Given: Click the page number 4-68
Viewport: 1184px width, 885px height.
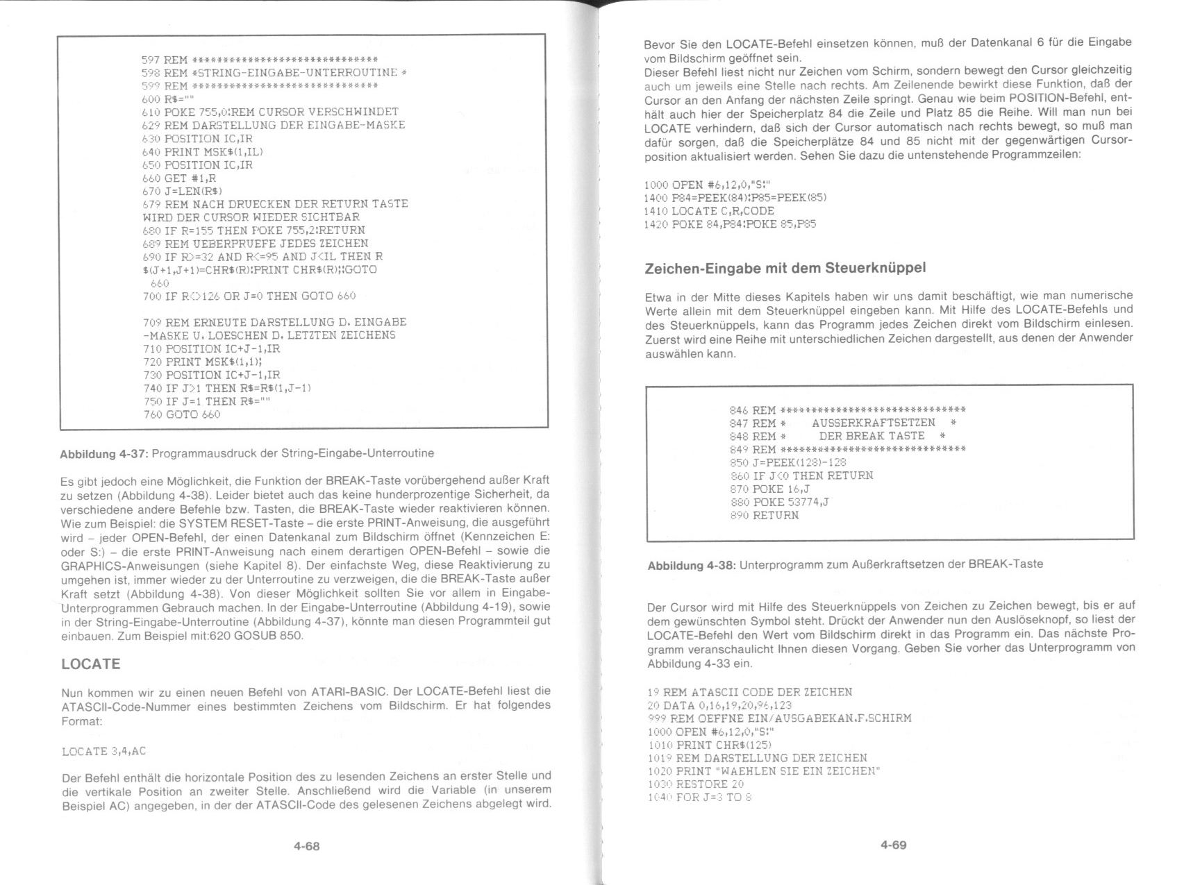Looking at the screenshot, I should [x=306, y=846].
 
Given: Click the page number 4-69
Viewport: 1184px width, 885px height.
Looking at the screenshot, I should [x=893, y=845].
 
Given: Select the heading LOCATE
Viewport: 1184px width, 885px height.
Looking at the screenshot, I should [x=91, y=664].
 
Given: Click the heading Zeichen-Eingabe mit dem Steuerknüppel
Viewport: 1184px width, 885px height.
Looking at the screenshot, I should [x=785, y=268].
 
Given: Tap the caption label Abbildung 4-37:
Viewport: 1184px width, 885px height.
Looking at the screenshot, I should [x=104, y=454].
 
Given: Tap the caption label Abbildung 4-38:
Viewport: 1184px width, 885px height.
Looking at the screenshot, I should [x=691, y=565].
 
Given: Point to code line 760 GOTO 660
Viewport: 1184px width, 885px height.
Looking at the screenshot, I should [x=181, y=414].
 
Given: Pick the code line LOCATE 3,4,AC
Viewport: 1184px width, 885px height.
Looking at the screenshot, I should [x=104, y=752].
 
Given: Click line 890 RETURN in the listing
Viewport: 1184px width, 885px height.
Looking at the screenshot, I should [x=765, y=516].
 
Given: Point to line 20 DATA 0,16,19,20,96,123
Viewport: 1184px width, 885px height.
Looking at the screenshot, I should [x=719, y=705].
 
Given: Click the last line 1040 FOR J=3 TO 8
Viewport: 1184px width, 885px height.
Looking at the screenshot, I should [x=700, y=798].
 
